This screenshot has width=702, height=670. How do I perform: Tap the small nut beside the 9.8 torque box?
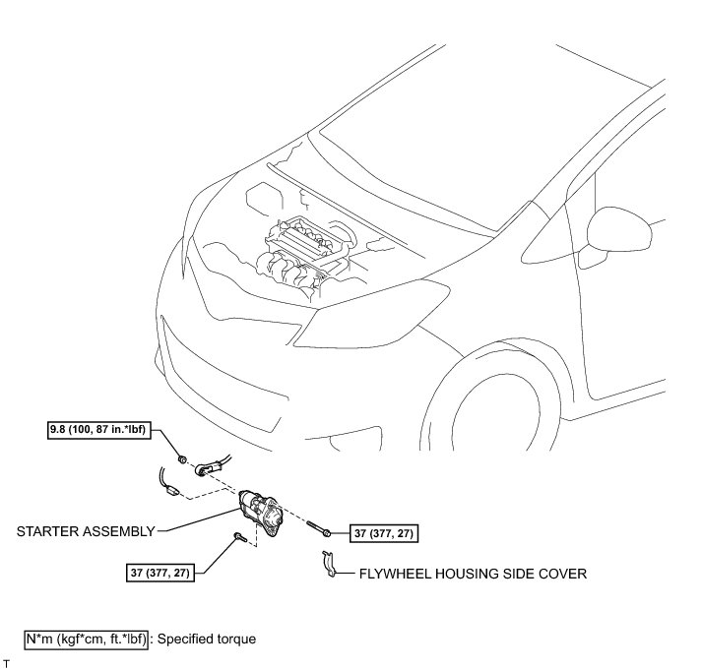[x=183, y=457]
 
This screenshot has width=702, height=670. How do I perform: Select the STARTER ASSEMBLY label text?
[x=87, y=531]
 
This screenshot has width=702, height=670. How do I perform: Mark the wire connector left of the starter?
[x=170, y=486]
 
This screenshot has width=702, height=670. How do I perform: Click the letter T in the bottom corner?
[x=6, y=664]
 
